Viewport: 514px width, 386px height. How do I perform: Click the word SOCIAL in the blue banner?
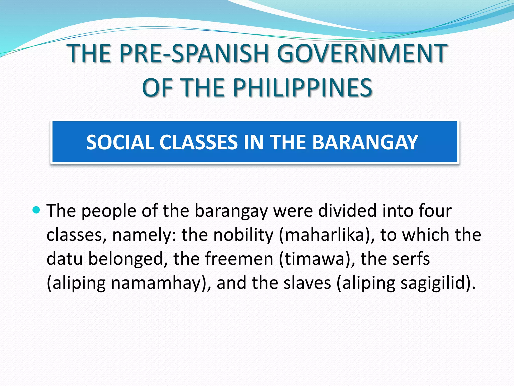pos(120,142)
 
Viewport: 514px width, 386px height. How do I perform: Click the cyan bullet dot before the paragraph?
pos(36,210)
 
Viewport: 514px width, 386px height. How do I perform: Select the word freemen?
pos(239,259)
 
